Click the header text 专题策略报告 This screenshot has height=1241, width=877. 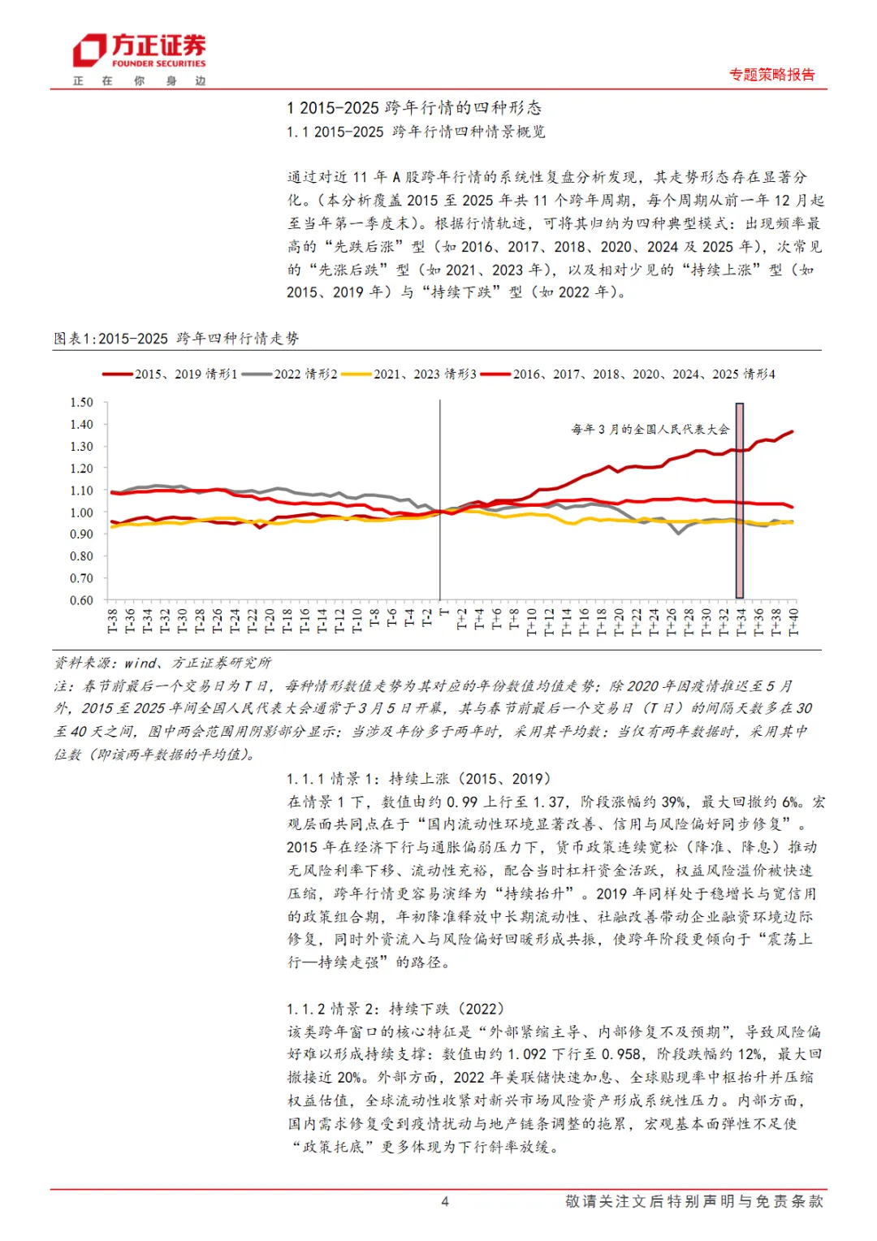(x=771, y=75)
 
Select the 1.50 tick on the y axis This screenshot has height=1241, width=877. (x=81, y=402)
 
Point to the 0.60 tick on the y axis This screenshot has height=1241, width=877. (x=81, y=600)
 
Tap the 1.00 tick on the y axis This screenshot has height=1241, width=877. (x=81, y=512)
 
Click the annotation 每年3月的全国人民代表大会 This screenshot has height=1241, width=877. (x=650, y=429)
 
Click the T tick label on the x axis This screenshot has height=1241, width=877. (x=443, y=613)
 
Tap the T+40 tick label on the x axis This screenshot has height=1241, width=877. (x=793, y=621)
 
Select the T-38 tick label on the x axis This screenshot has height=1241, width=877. (x=112, y=621)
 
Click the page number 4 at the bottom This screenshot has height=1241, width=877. (x=444, y=1201)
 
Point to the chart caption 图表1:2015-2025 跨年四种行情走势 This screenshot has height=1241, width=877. (x=176, y=339)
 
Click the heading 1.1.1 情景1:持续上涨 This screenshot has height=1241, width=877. (x=419, y=779)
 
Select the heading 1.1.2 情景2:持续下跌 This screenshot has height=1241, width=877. (x=395, y=1009)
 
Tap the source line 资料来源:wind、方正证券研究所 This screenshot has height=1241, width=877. (x=162, y=663)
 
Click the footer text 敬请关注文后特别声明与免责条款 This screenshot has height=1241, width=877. (x=694, y=1201)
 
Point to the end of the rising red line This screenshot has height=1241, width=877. (x=792, y=431)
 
